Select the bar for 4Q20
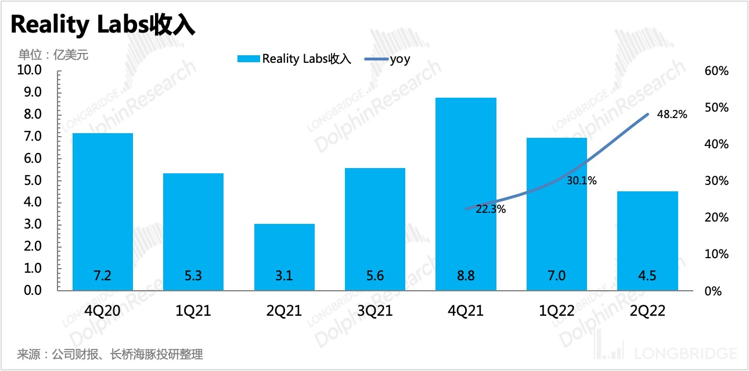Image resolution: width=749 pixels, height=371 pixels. coord(103,212)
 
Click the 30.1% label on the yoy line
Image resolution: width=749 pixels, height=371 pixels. coord(581,181)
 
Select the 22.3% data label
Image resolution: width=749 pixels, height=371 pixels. coord(491,209)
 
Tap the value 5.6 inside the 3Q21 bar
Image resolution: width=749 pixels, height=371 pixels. coord(375,276)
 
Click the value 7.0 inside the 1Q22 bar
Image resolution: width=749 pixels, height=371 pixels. coord(556,276)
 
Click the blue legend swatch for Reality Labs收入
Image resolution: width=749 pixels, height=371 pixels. coord(249,59)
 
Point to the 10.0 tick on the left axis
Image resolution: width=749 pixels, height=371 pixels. coord(31,71)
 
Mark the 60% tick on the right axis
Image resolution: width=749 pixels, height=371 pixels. coord(716,71)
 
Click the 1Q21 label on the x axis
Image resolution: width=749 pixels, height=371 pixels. coord(193,311)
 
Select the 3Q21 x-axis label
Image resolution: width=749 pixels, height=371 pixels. coord(375,311)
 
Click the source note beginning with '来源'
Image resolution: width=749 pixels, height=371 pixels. coord(110,354)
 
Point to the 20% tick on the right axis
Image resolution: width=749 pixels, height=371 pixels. coord(716,217)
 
